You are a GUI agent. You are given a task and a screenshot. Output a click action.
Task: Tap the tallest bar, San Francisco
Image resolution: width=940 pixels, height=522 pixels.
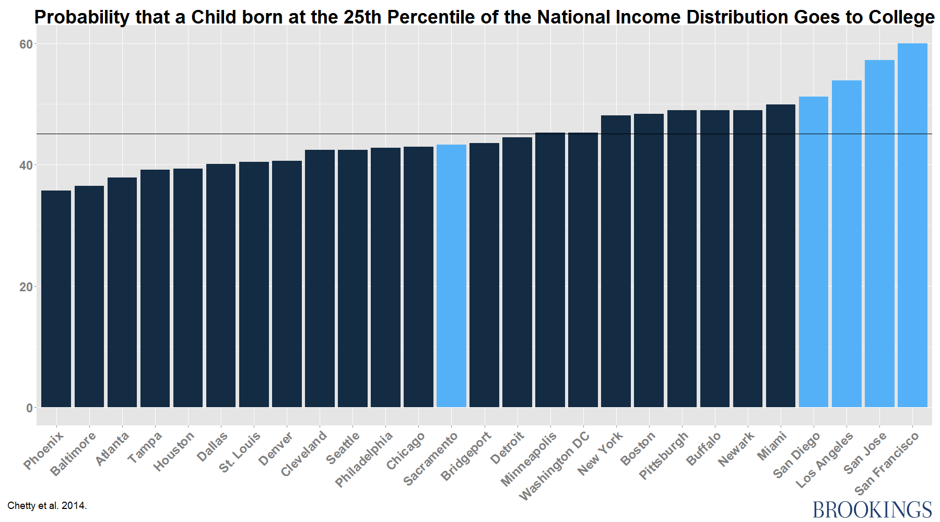click(x=912, y=225)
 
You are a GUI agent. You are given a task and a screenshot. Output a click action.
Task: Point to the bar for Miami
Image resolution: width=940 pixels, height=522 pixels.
click(x=781, y=256)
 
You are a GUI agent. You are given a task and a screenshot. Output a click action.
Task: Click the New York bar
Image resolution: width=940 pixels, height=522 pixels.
click(x=616, y=261)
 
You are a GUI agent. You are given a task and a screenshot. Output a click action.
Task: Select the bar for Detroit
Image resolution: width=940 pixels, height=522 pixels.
click(x=517, y=272)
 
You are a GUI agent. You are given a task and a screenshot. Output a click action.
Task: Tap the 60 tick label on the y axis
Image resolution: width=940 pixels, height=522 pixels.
click(x=26, y=44)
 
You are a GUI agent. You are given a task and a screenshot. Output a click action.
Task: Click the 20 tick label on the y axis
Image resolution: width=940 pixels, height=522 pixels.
click(x=26, y=287)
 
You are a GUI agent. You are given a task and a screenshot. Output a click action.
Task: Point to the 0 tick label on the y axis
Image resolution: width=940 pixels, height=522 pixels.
click(x=29, y=408)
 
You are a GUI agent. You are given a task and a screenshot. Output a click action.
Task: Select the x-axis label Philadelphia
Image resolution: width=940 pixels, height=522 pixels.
click(x=365, y=459)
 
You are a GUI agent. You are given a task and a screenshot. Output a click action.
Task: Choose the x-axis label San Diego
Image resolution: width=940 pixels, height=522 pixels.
click(x=797, y=455)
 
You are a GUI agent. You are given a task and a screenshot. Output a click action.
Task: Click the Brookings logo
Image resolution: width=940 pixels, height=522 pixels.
click(x=872, y=509)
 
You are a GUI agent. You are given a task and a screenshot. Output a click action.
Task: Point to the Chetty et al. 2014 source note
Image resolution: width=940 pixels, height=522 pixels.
click(x=47, y=506)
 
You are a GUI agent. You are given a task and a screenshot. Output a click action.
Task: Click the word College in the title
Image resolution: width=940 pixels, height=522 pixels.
click(x=901, y=17)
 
